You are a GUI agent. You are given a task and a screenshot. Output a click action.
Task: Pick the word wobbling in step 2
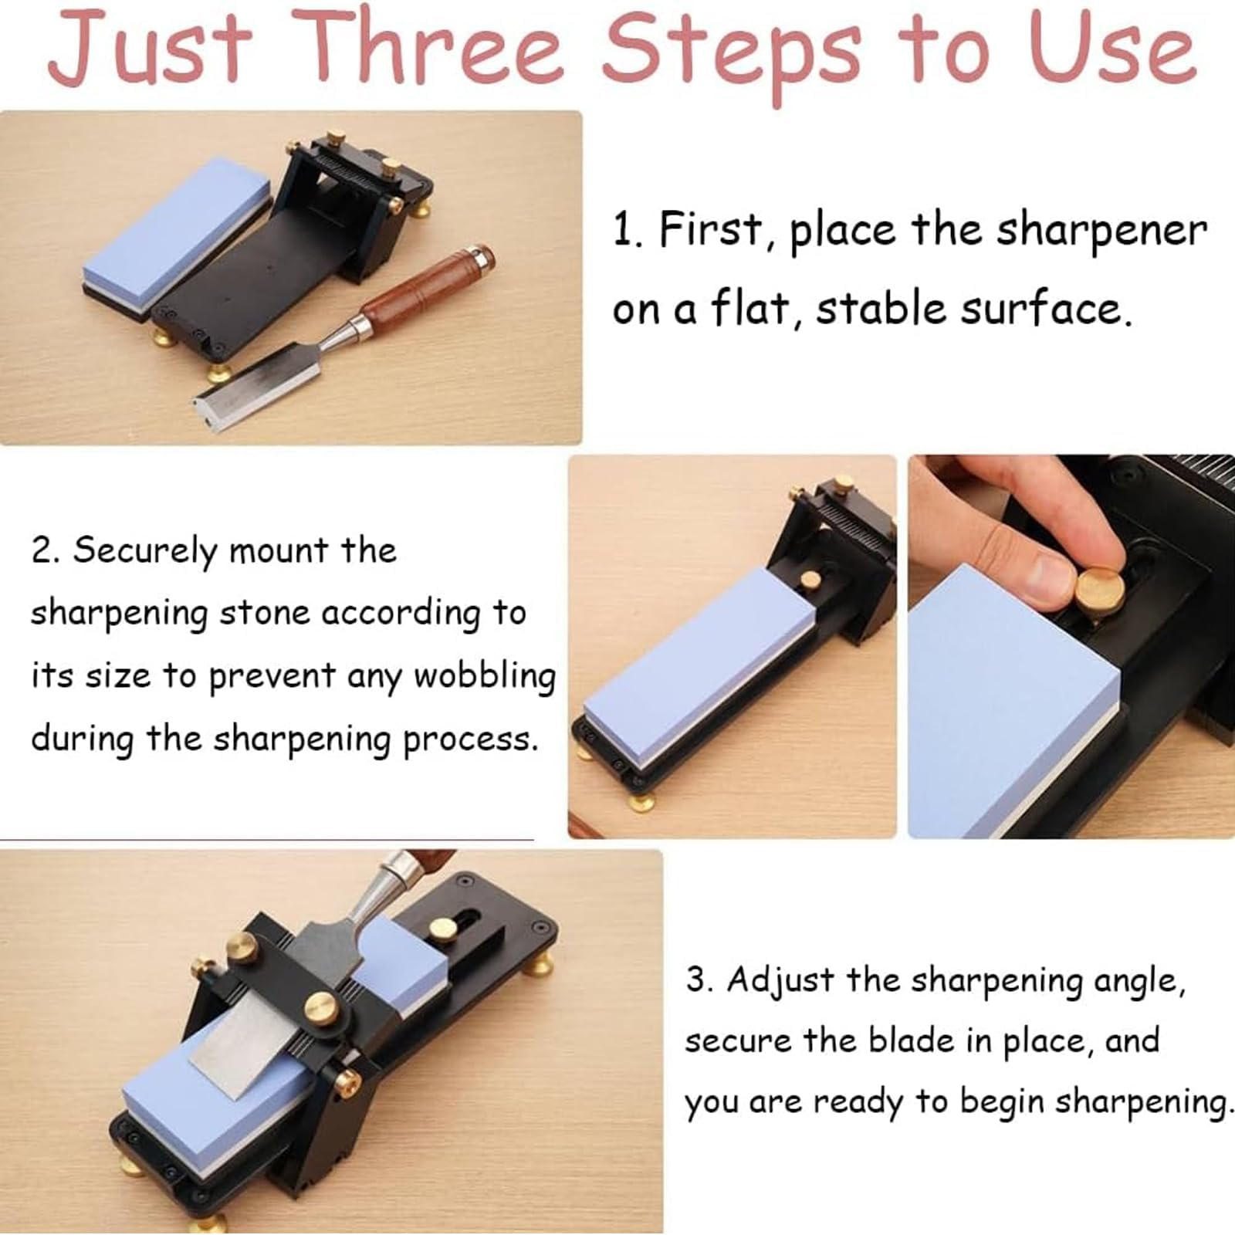485,677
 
